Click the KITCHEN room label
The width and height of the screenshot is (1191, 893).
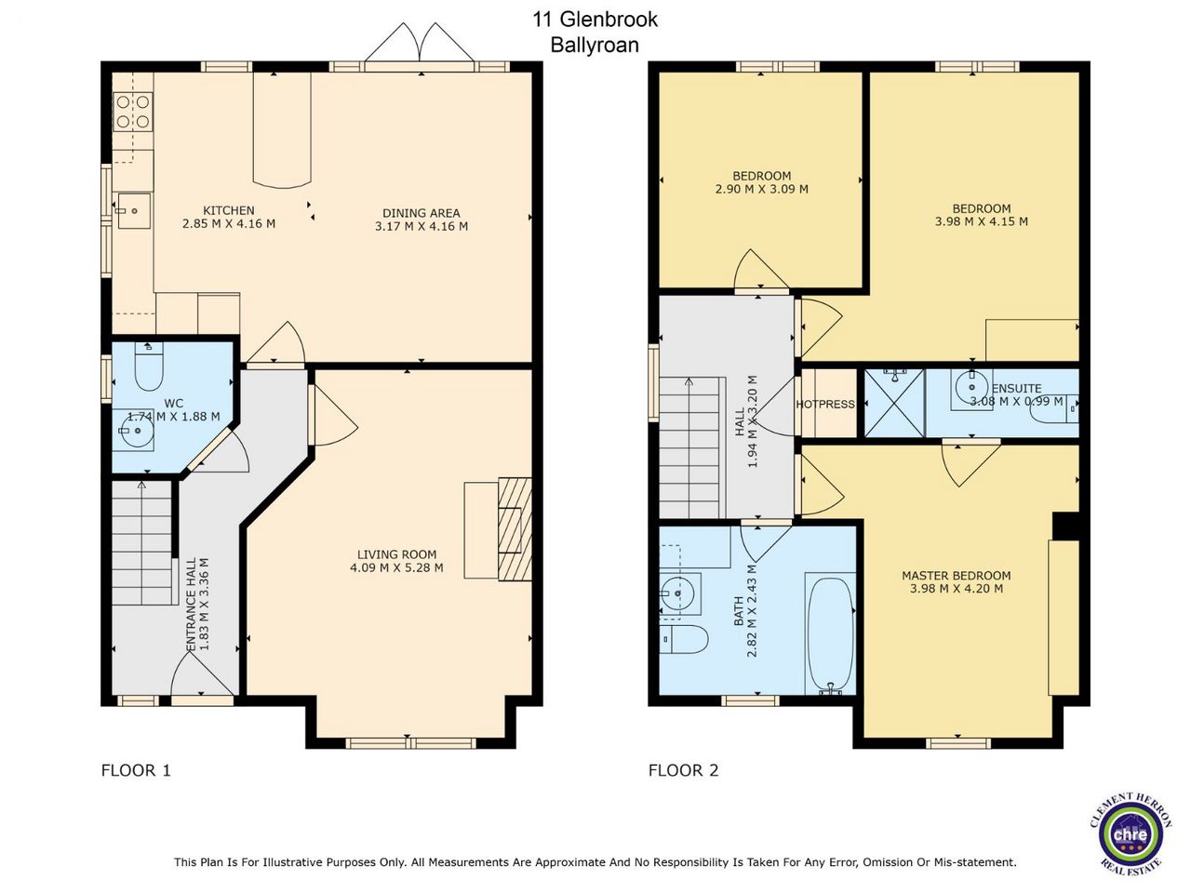pos(229,210)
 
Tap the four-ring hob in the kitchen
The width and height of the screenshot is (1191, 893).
pos(133,112)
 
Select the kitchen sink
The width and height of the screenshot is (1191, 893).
pos(134,211)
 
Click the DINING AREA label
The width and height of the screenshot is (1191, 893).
pos(422,213)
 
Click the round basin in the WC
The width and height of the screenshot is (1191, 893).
pos(137,431)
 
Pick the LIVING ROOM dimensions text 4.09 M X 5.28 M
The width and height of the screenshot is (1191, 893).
pos(396,567)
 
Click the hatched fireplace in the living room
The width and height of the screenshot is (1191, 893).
pos(515,529)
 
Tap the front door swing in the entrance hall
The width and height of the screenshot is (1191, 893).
pos(203,674)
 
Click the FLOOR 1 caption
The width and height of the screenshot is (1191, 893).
pos(136,770)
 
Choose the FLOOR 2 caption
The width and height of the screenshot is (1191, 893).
pos(683,770)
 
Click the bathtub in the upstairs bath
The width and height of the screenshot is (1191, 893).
pos(830,635)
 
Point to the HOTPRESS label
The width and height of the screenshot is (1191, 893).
pos(825,404)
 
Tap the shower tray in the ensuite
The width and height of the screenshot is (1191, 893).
pos(894,402)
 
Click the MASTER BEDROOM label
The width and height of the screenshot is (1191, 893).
pos(956,575)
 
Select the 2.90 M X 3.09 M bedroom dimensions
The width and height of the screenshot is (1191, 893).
pos(762,189)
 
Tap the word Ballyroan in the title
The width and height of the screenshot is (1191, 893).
pos(595,45)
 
